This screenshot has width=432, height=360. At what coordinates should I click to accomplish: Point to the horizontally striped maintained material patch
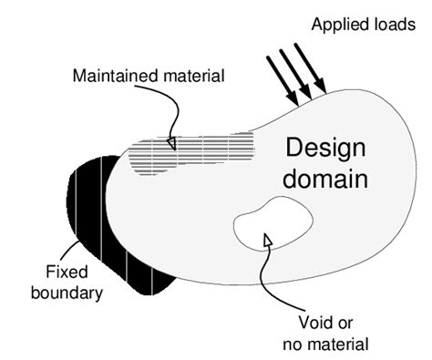pos(191,153)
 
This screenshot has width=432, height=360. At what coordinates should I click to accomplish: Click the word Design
pos(326,148)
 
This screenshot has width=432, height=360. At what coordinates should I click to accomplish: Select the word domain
pos(326,179)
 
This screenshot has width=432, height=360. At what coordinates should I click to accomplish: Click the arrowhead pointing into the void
pos(267,239)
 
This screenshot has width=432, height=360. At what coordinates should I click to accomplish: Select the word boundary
pos(68,293)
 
